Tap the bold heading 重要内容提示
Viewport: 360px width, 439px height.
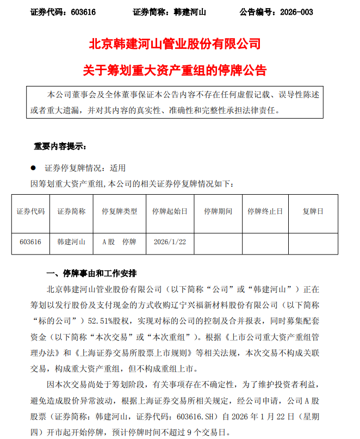click(x=59, y=146)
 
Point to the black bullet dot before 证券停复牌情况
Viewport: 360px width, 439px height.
click(x=33, y=168)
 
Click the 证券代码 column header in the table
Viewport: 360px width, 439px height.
click(x=30, y=211)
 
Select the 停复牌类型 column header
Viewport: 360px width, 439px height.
click(x=116, y=211)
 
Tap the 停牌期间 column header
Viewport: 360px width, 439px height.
click(x=218, y=211)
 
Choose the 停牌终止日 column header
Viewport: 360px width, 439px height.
click(x=265, y=211)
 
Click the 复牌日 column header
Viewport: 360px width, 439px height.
click(x=313, y=211)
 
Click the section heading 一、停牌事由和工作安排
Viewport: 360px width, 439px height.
click(x=91, y=272)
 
